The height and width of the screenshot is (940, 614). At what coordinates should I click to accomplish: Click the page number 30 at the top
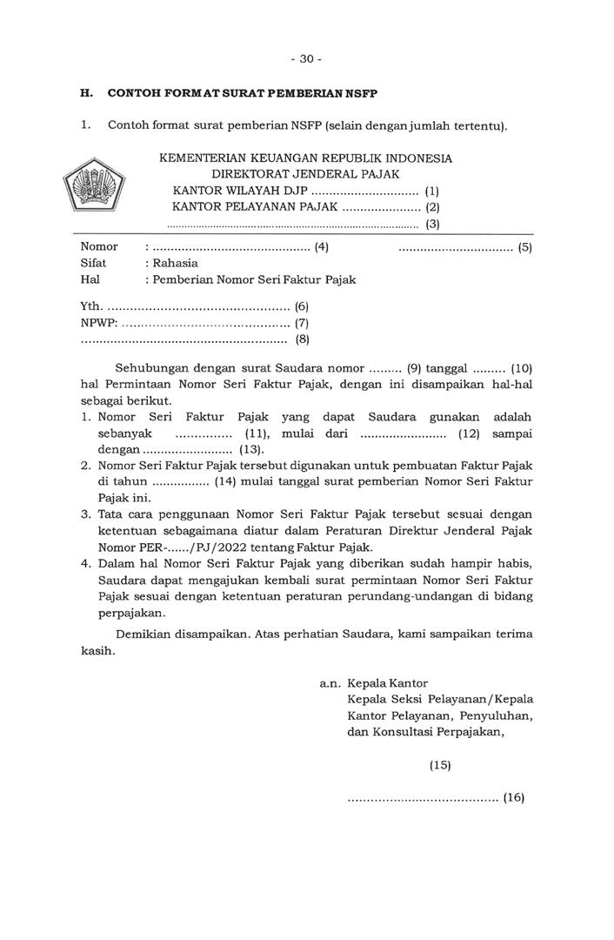pos(305,59)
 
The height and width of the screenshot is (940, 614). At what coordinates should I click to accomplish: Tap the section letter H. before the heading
pos(86,93)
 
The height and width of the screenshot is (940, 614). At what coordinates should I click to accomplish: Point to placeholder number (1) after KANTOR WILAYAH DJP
pos(432,191)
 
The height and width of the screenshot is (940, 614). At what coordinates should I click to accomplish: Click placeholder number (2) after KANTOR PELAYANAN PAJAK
pos(432,207)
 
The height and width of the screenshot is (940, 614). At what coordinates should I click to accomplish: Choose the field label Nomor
pos(99,246)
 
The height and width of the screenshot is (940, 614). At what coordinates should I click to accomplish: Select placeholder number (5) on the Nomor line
pos(524,247)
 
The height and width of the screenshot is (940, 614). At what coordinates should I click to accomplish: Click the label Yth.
pos(91,306)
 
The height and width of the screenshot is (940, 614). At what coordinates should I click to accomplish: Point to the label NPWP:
pos(98,323)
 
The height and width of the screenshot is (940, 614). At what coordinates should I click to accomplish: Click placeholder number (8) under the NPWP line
pos(303,339)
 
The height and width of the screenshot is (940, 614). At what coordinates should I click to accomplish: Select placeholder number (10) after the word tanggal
pos(521,368)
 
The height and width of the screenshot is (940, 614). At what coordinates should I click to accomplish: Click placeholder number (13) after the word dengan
pos(251,450)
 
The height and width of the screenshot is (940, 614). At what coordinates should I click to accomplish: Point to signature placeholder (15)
pos(440,766)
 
